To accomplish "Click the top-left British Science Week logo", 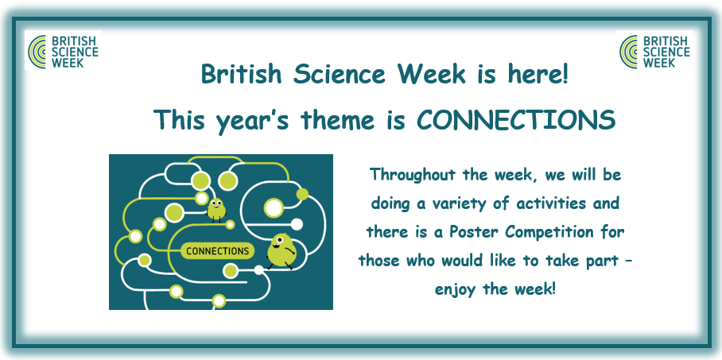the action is (x=63, y=50).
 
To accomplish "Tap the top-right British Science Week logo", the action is (x=654, y=50).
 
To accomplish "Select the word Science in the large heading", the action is (x=339, y=74).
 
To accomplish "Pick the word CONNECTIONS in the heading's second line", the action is (x=516, y=119).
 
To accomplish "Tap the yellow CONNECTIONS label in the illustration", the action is (x=217, y=251).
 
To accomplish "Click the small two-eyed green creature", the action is (x=216, y=210).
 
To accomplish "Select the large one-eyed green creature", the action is (x=281, y=251).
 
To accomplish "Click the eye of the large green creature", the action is (x=281, y=240).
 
